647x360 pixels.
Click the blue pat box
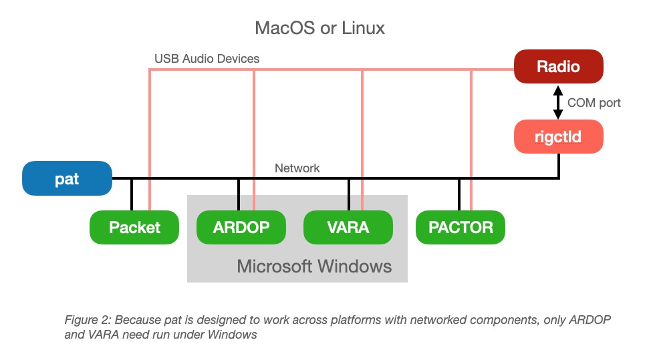click(x=67, y=178)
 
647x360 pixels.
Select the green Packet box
click(x=134, y=227)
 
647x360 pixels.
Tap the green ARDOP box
click(x=241, y=227)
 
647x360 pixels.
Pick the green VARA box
click(x=348, y=227)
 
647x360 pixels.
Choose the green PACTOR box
click(x=460, y=227)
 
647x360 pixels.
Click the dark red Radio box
click(x=558, y=67)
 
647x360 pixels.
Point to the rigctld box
click(x=558, y=138)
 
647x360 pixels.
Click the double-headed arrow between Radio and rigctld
click(x=558, y=103)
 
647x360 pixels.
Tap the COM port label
click(x=594, y=103)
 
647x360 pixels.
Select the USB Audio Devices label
click(x=207, y=59)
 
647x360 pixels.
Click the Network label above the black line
click(x=297, y=168)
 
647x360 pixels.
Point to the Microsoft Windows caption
click(x=314, y=266)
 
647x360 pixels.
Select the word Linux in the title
click(x=361, y=28)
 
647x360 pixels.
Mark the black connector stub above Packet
click(x=132, y=194)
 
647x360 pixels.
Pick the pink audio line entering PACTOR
click(x=472, y=167)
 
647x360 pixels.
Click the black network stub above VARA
click(x=349, y=194)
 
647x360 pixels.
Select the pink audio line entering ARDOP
click(x=254, y=167)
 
